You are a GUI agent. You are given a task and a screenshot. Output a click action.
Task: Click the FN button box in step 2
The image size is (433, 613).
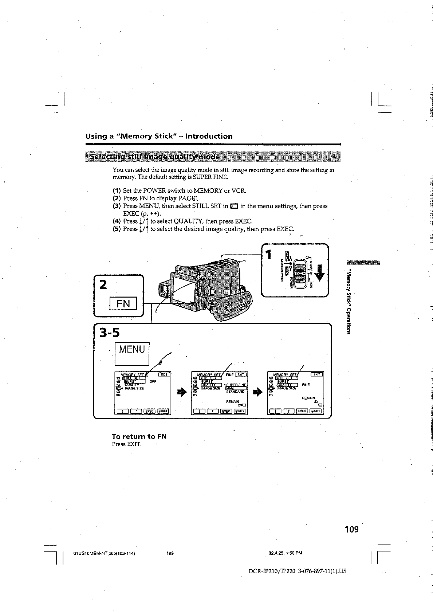click(123, 303)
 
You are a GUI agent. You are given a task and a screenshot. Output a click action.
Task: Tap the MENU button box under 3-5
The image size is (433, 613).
click(132, 350)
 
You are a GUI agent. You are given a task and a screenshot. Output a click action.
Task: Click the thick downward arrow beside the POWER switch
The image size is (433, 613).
click(320, 272)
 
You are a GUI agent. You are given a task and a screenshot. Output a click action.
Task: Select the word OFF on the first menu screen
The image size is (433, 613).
click(153, 382)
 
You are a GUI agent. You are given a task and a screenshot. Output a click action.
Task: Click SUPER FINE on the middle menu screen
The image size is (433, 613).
click(236, 385)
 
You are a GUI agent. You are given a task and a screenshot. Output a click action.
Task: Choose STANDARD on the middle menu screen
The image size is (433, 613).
click(235, 392)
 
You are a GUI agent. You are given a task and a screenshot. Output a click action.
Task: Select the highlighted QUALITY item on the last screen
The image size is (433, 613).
click(287, 385)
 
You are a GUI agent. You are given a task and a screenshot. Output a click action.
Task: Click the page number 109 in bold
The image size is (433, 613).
click(351, 529)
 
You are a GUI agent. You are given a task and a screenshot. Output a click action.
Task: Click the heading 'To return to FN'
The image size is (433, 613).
click(139, 436)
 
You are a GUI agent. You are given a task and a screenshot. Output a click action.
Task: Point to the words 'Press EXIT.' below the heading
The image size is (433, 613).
click(126, 444)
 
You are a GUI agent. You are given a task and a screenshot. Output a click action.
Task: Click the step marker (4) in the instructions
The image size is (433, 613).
click(117, 221)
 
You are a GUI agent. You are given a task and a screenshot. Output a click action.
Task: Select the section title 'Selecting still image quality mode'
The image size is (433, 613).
click(155, 157)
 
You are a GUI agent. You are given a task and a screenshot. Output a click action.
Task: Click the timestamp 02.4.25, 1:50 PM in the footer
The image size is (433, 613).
click(286, 553)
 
